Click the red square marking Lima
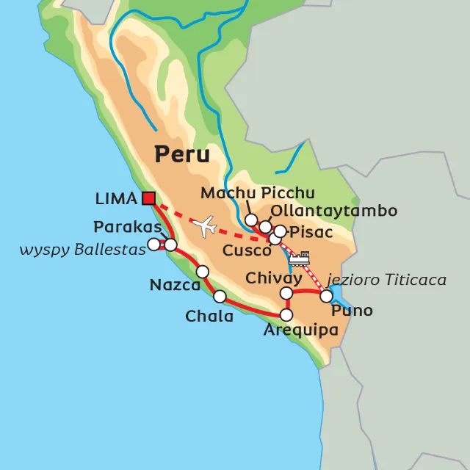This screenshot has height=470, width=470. click(x=149, y=198)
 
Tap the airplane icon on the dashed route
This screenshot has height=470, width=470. click(x=206, y=225)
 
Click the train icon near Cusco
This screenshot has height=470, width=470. click(x=300, y=258)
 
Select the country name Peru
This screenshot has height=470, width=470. click(x=181, y=155)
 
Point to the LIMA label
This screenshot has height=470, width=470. click(x=116, y=198)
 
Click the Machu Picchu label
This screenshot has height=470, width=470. click(x=258, y=193)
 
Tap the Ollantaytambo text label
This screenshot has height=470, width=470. click(x=334, y=211)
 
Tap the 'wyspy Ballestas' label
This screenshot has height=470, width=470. click(x=73, y=250)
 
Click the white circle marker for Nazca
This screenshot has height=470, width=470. click(x=203, y=272)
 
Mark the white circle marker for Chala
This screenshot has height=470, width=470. click(x=220, y=297)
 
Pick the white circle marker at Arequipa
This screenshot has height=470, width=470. click(x=287, y=315)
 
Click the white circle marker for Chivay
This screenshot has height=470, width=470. click(x=287, y=294)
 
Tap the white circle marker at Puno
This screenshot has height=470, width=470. click(x=326, y=295)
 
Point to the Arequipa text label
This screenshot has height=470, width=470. click(x=300, y=331)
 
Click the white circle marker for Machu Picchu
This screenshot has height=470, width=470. click(x=252, y=220)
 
